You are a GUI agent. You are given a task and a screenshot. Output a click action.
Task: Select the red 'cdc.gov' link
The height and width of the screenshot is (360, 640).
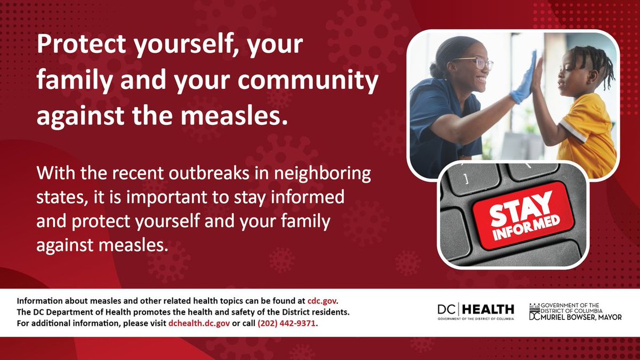click(322, 300)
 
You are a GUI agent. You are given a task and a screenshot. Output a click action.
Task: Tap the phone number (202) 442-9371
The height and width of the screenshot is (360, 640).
click(287, 323)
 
